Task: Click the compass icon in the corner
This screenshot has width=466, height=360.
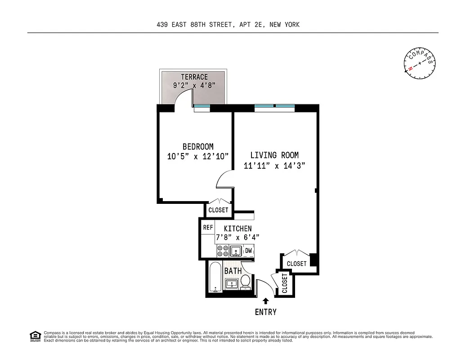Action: click(x=420, y=63)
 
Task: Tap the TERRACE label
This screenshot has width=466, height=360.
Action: click(x=194, y=77)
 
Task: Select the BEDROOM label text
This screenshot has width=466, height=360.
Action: click(x=198, y=147)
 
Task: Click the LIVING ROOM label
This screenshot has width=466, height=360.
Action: click(x=274, y=155)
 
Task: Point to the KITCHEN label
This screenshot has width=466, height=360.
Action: click(x=237, y=229)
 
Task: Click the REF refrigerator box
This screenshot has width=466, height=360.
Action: click(x=208, y=228)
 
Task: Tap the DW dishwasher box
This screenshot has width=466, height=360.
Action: click(x=248, y=251)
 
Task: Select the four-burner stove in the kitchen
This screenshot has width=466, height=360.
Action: click(x=223, y=251)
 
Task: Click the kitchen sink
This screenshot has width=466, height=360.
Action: click(x=236, y=251)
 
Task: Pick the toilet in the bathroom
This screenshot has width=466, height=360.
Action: click(x=246, y=282)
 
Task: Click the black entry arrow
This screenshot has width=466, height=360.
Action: click(x=266, y=301)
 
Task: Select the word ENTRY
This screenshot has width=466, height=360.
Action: click(x=266, y=312)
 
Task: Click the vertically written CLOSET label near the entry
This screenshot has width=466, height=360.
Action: click(x=285, y=283)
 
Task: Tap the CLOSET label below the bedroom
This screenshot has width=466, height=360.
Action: click(x=218, y=210)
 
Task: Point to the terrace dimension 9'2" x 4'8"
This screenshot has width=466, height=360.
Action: click(x=194, y=85)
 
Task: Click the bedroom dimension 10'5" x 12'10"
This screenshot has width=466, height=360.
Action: click(x=198, y=157)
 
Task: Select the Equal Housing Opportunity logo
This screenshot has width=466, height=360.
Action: click(x=34, y=336)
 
